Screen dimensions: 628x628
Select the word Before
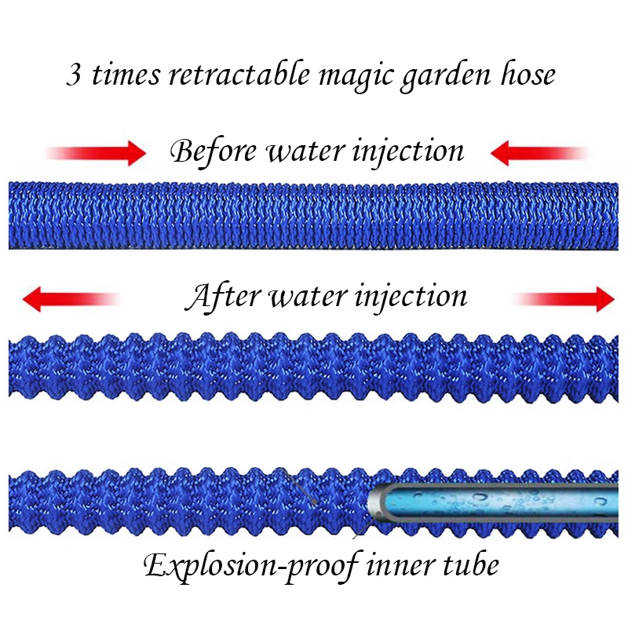click(213, 150)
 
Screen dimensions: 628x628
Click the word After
click(222, 298)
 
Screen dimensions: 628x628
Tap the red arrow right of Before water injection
click(541, 152)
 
